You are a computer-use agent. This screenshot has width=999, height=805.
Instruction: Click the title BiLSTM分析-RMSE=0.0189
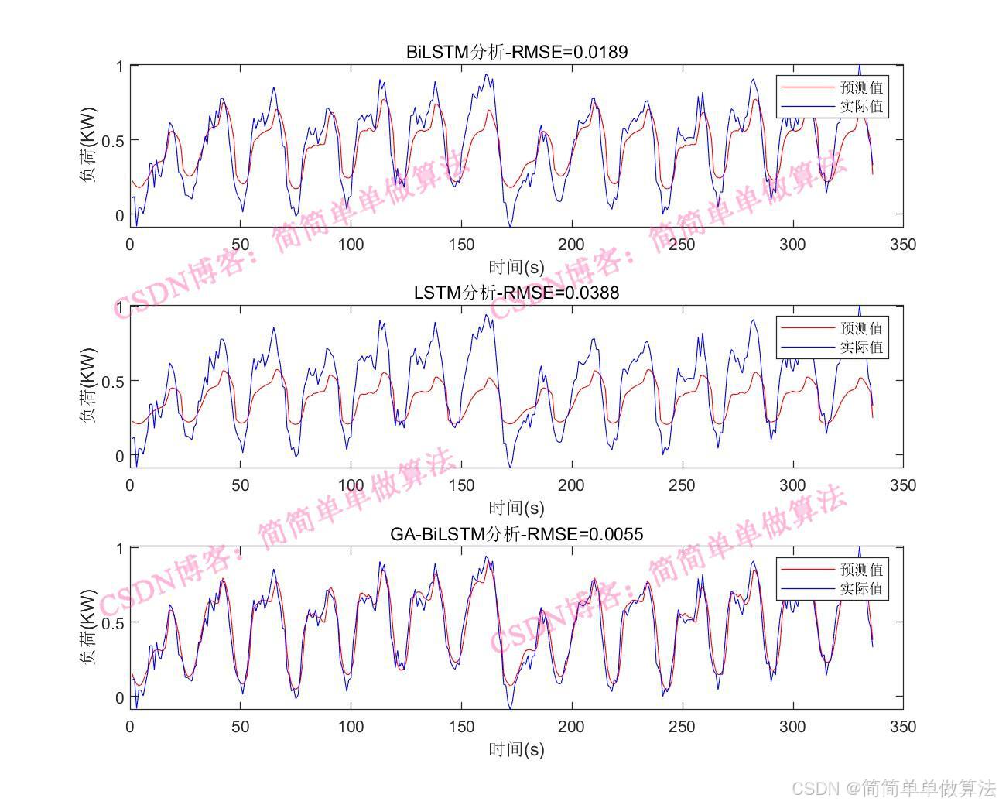(516, 52)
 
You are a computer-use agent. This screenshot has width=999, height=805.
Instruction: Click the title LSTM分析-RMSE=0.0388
(516, 293)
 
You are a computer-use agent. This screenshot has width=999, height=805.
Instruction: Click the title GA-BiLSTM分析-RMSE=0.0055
(516, 533)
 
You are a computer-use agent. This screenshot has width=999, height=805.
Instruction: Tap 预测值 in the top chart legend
(860, 87)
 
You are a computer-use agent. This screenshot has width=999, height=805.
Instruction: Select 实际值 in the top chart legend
(860, 107)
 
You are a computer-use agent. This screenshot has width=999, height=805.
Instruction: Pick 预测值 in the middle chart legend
(860, 328)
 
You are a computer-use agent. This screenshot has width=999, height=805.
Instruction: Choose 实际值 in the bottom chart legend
(860, 589)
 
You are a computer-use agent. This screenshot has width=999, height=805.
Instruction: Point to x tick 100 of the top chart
(351, 245)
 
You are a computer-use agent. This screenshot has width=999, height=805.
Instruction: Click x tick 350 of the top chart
(903, 245)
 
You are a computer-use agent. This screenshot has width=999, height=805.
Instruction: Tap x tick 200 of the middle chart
(572, 485)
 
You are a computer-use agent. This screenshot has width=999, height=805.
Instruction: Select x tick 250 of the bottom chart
(682, 727)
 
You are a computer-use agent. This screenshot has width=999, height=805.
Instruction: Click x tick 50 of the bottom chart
(241, 727)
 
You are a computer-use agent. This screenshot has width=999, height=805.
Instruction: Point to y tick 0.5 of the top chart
(114, 140)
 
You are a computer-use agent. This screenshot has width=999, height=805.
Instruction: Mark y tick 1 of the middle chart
(119, 307)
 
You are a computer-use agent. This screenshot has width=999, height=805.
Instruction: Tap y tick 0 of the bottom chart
(119, 697)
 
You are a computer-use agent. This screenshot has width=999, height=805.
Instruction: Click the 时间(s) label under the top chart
(516, 267)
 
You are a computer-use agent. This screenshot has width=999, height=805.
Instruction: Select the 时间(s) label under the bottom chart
(516, 749)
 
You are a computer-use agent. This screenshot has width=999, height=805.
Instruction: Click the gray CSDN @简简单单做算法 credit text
(895, 788)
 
